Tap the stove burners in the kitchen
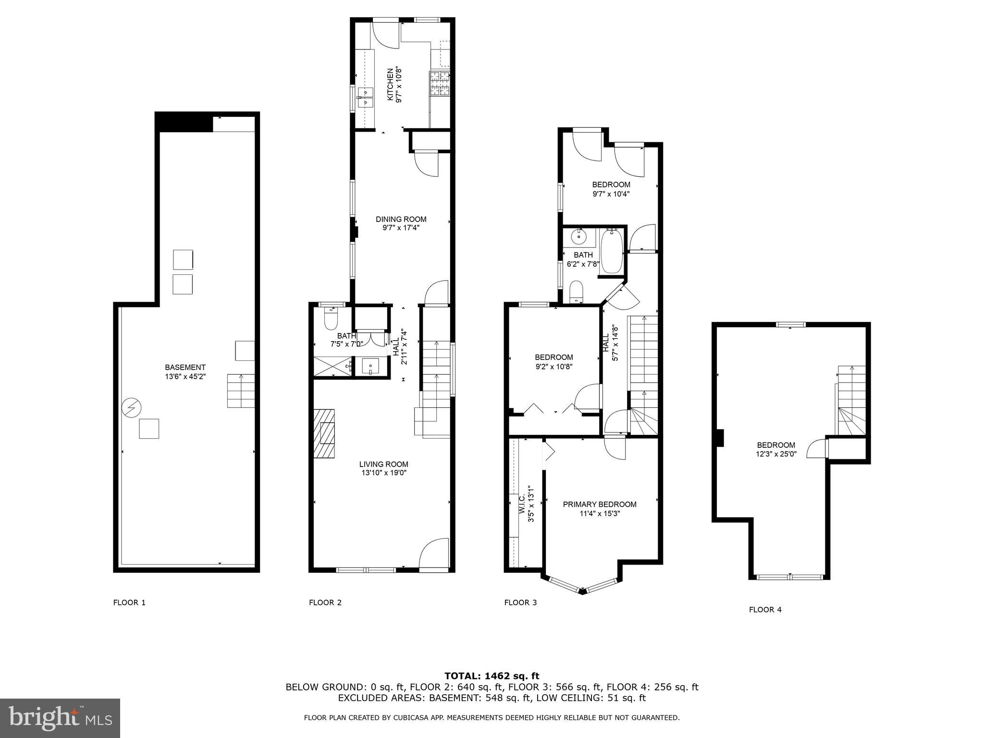pos(439,84)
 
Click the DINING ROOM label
pos(401,219)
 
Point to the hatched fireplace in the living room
pos(324,433)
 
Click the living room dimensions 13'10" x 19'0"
pos(384,473)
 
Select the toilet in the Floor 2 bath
pos(331,319)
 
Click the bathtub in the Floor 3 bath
pos(612,252)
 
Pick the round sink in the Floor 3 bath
pos(579,236)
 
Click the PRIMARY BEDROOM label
pos(600,504)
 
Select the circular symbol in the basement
pos(131,408)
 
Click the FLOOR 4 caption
pos(765,610)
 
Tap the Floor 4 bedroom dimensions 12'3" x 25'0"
pos(776,454)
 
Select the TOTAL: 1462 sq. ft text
pos(492,676)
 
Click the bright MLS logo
pos(60,718)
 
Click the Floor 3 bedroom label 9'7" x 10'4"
pos(611,194)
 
